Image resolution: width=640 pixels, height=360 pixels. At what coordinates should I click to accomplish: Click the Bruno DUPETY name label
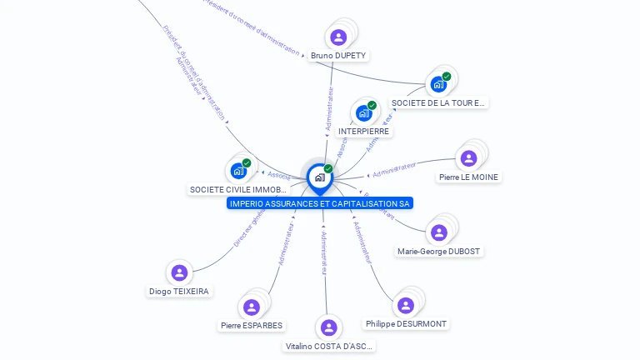point(338,56)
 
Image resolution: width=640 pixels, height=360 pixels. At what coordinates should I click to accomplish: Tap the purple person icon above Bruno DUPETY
point(338,37)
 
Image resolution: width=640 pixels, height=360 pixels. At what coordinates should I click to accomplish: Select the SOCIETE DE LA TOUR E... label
point(438,103)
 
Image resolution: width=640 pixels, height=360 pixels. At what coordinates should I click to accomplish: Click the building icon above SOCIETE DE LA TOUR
point(438,84)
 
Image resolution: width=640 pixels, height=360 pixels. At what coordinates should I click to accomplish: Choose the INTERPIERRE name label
point(364,132)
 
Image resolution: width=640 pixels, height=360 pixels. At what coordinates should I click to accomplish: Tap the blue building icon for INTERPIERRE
point(364,112)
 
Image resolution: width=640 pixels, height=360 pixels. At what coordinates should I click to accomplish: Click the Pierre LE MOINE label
point(468,177)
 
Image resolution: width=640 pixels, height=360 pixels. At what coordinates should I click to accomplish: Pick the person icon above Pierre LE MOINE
point(468,158)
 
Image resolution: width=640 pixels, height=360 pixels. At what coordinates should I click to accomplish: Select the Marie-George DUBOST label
point(439,252)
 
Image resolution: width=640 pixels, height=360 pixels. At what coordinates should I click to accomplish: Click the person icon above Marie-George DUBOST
point(438,232)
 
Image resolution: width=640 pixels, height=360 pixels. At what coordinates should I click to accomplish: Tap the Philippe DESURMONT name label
point(406,324)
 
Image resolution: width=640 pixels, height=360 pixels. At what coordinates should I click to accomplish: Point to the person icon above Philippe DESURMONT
point(406,305)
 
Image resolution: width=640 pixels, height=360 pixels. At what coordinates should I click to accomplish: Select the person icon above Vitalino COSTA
point(329,327)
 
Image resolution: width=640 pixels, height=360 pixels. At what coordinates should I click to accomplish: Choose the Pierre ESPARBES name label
point(252,326)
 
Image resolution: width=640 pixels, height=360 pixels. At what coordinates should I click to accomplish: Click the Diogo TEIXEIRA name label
point(179,292)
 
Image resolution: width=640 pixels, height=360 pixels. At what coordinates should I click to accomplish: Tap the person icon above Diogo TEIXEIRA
point(179,272)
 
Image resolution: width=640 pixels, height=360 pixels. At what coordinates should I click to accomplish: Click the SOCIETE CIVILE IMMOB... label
point(238,190)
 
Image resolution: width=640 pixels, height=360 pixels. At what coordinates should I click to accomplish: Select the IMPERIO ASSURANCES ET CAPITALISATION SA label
point(320,203)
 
